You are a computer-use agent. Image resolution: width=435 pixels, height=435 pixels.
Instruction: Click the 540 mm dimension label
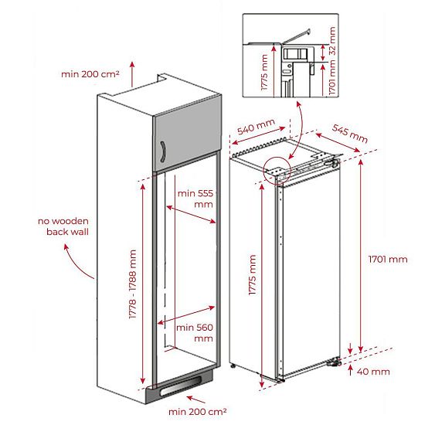pos(256,126)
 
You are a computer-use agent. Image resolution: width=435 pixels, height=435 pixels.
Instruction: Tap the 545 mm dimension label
pos(350,134)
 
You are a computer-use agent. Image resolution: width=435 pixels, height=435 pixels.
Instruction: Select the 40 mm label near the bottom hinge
pos(373,372)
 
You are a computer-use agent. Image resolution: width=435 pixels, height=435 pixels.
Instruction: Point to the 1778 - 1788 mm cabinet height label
pos(133,284)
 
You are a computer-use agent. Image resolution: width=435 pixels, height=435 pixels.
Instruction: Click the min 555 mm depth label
pos(195,199)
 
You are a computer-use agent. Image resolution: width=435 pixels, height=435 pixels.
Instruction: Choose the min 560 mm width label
pos(195,333)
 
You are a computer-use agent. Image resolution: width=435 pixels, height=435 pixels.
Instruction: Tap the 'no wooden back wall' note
pos(63,226)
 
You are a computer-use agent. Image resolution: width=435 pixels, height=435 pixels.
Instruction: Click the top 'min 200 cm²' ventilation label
pos(90,74)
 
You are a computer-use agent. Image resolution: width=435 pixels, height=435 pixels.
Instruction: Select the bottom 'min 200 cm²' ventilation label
pos(198,412)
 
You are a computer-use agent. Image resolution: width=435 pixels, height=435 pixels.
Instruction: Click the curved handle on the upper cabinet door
pos(163,151)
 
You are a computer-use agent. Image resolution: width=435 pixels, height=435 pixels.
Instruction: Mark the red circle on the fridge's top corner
pos(277,170)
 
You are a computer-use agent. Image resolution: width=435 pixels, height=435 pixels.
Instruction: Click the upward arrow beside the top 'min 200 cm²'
pos(132,74)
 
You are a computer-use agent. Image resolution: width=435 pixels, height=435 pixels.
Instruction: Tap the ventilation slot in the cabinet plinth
pos(180,387)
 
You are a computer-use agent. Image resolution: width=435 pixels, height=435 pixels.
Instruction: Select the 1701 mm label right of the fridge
pos(388,260)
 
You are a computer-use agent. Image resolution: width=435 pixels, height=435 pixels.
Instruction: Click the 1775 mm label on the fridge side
pos(252,275)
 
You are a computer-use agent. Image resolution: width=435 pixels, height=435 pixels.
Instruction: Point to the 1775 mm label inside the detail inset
pos(264,73)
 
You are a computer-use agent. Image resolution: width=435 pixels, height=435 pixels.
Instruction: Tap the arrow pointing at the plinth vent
pos(195,399)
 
